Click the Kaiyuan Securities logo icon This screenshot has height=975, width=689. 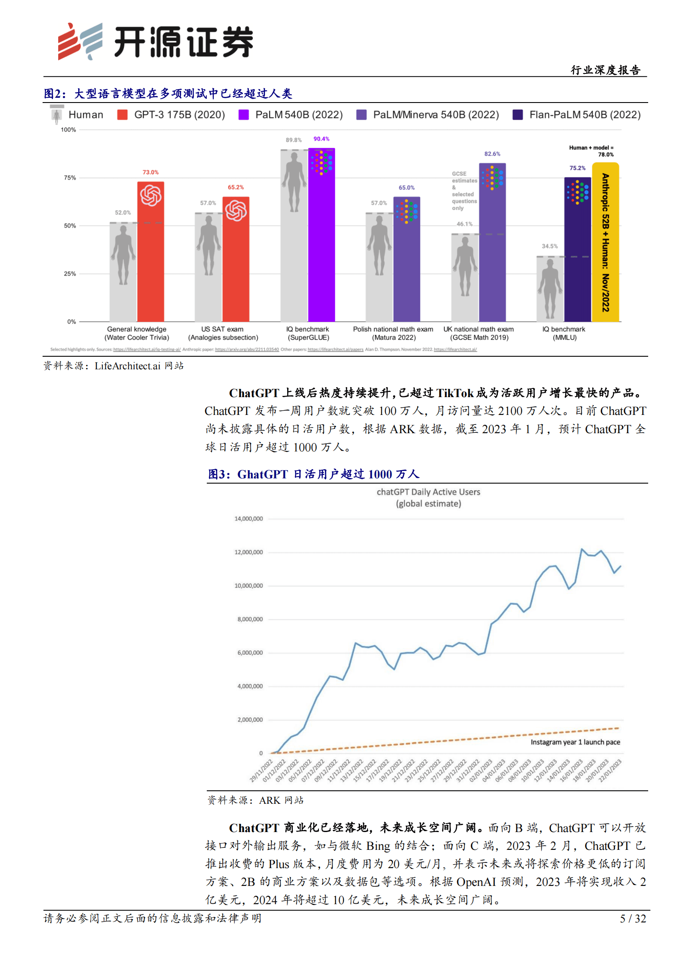pos(80,41)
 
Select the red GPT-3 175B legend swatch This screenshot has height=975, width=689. pos(123,115)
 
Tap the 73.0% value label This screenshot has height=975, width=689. pos(150,172)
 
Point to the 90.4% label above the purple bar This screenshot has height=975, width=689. pos(321,139)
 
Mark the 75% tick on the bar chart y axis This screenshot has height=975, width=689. pos(70,178)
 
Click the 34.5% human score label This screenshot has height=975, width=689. pos(550,246)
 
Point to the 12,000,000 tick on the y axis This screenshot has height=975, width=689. pos(248,552)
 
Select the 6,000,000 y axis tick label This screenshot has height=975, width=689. pos(250,653)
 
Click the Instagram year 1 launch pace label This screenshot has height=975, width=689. pos(575,742)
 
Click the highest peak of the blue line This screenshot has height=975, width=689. pos(582,549)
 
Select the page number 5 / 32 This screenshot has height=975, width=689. pos(633,919)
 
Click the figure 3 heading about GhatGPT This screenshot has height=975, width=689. pos(313,474)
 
